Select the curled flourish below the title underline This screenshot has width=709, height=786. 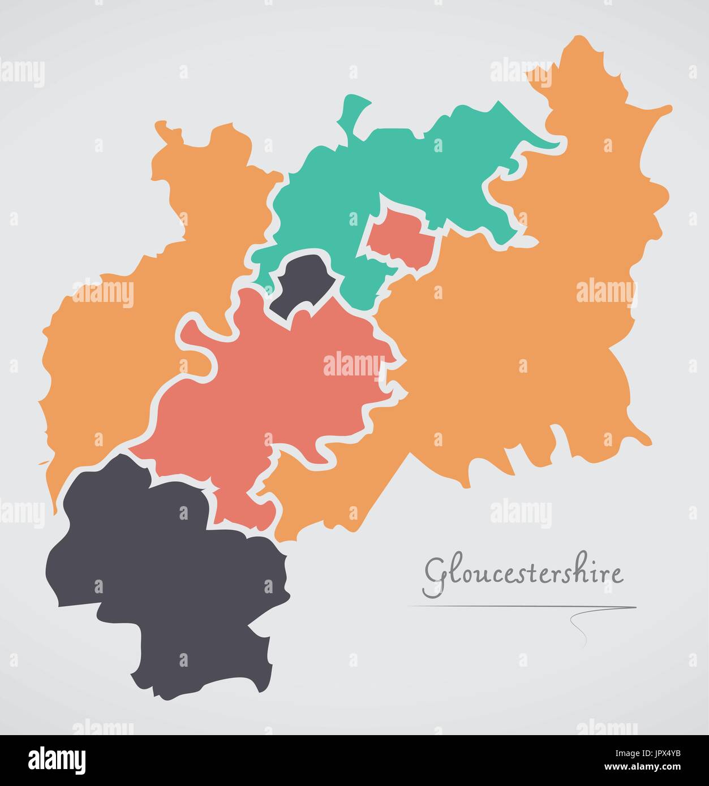(580, 625)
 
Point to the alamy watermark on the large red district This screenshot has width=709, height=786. (352, 365)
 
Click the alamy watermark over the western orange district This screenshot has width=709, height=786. (103, 293)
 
